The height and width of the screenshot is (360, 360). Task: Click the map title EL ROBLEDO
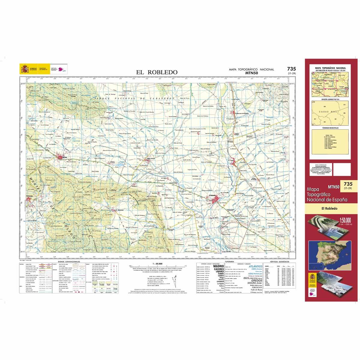(157, 72)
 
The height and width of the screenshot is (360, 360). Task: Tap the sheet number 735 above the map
(291, 69)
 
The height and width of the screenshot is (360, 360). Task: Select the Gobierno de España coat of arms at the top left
(24, 69)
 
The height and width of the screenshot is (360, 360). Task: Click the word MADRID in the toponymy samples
(218, 266)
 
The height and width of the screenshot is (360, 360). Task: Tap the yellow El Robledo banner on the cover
(329, 208)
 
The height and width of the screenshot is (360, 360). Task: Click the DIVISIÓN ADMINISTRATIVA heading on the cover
(329, 99)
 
